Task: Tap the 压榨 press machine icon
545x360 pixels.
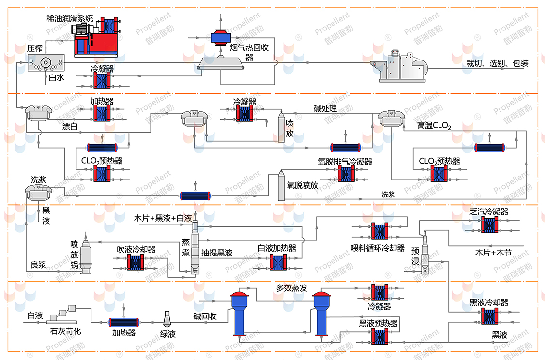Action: click(x=46, y=62)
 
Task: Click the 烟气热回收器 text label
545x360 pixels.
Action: click(x=255, y=52)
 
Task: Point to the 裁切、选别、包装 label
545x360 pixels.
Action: click(x=497, y=63)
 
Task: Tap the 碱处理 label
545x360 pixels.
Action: click(x=325, y=108)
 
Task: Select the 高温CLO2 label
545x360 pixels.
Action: click(x=434, y=126)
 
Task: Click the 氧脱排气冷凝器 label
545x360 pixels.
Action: click(x=345, y=162)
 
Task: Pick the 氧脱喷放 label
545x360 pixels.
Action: click(x=303, y=185)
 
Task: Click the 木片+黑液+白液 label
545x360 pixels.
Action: click(x=163, y=219)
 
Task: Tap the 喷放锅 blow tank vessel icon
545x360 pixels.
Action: click(x=86, y=254)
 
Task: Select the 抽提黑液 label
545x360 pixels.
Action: click(x=217, y=253)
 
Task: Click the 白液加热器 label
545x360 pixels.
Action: click(x=276, y=248)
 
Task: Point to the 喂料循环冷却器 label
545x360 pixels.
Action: click(x=378, y=248)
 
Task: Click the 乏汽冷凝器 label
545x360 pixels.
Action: click(x=489, y=211)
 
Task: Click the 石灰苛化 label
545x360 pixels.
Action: click(x=65, y=332)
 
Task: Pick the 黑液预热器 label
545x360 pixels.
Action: click(x=378, y=323)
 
